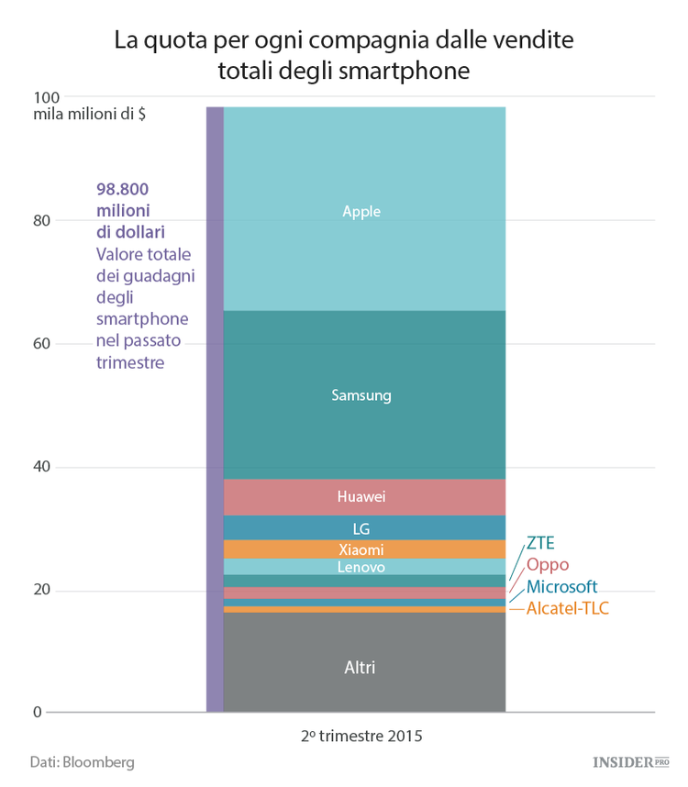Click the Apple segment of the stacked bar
364,210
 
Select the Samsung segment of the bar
364,395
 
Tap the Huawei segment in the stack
364,497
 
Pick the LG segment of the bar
364,528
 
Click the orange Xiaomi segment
364,549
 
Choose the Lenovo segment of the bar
364,568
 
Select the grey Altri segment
364,667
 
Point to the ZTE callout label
540,543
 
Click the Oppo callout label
548,564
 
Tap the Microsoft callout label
561,586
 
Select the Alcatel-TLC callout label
568,608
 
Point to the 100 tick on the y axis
46,97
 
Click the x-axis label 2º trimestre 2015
362,737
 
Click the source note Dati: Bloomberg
82,762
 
